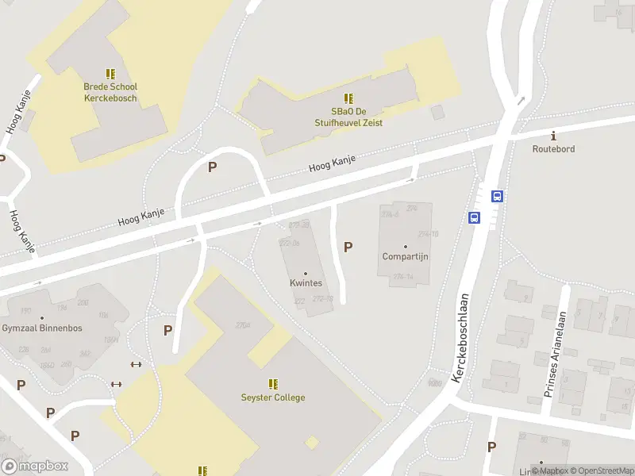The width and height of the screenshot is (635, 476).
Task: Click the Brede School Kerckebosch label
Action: tap(110, 93)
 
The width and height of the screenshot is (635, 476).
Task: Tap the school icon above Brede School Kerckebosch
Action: tap(110, 74)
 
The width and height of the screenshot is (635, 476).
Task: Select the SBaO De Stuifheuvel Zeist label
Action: tap(348, 117)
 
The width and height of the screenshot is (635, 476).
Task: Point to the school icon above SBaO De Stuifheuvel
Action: tap(348, 98)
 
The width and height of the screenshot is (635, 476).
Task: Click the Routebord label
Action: tap(553, 148)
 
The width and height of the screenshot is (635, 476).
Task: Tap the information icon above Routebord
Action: tap(553, 136)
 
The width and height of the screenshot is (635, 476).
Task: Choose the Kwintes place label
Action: tap(306, 282)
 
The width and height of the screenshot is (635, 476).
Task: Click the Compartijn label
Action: tap(406, 256)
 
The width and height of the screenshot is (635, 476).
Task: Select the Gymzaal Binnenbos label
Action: tap(42, 328)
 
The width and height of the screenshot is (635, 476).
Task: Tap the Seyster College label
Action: tap(273, 397)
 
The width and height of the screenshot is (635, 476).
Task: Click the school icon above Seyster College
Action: tap(273, 384)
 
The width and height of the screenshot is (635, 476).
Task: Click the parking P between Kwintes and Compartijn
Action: tap(348, 248)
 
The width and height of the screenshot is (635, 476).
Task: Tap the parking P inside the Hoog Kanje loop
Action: tap(212, 167)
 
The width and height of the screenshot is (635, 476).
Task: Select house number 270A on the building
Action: tap(242, 325)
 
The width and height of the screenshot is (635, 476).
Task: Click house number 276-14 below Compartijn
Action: tap(403, 277)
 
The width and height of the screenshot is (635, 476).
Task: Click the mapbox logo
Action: tap(35, 466)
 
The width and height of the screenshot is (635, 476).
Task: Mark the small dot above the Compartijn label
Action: tap(406, 246)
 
